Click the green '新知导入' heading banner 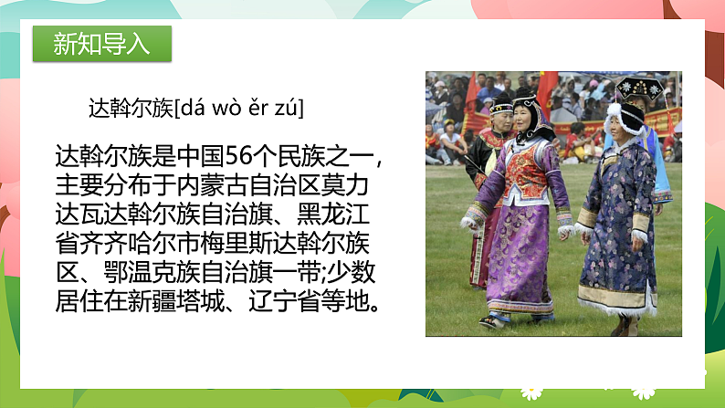point(101,43)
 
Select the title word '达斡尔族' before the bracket point(130,109)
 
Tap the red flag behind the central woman point(547,91)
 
